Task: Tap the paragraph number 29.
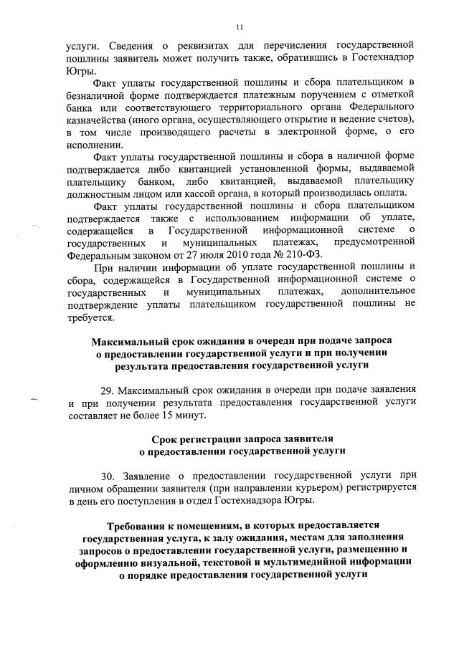tap(108, 391)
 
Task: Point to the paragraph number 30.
tap(108, 475)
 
